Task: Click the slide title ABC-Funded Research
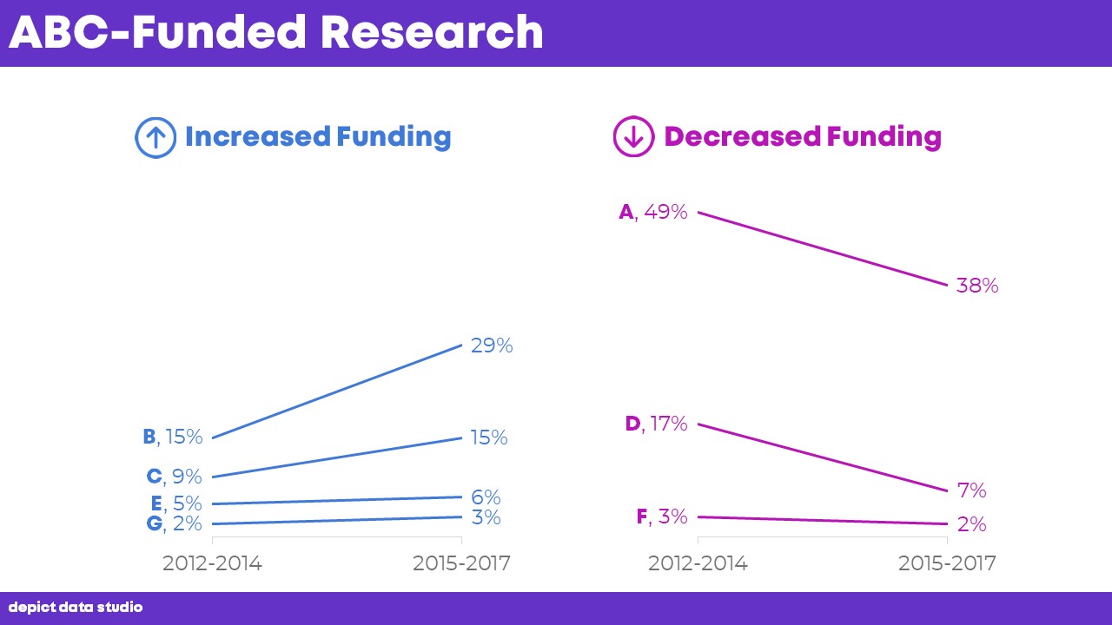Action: tap(275, 32)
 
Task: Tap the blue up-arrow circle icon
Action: tap(156, 137)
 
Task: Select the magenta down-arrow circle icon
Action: tap(633, 137)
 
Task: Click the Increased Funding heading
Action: tap(318, 137)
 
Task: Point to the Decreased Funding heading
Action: tap(802, 137)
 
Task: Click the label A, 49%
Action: tap(652, 212)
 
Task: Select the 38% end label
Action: tap(977, 286)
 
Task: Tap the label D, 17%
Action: tap(656, 424)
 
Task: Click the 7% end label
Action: tap(971, 490)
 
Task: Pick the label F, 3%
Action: tap(661, 516)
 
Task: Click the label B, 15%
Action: tap(172, 437)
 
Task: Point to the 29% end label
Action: tap(492, 345)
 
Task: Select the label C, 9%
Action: tap(174, 477)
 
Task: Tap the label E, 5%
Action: tap(175, 503)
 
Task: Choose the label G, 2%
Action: tap(175, 523)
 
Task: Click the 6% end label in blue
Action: tap(486, 497)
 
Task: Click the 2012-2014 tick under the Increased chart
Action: tap(212, 563)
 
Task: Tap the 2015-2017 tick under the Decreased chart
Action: tap(947, 563)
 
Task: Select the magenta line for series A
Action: tap(822, 248)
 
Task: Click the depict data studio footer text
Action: tap(76, 608)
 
